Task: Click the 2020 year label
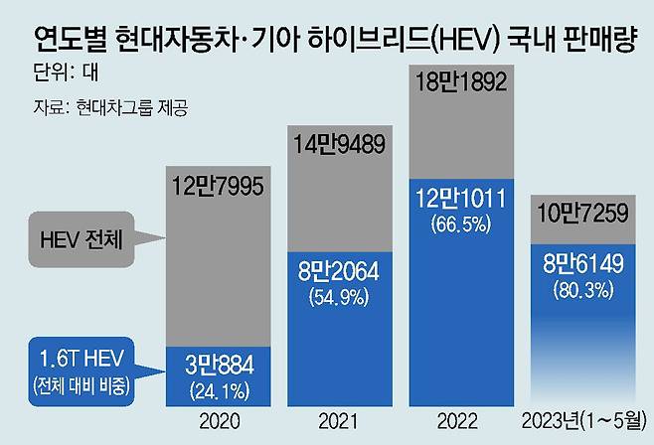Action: (x=220, y=421)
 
